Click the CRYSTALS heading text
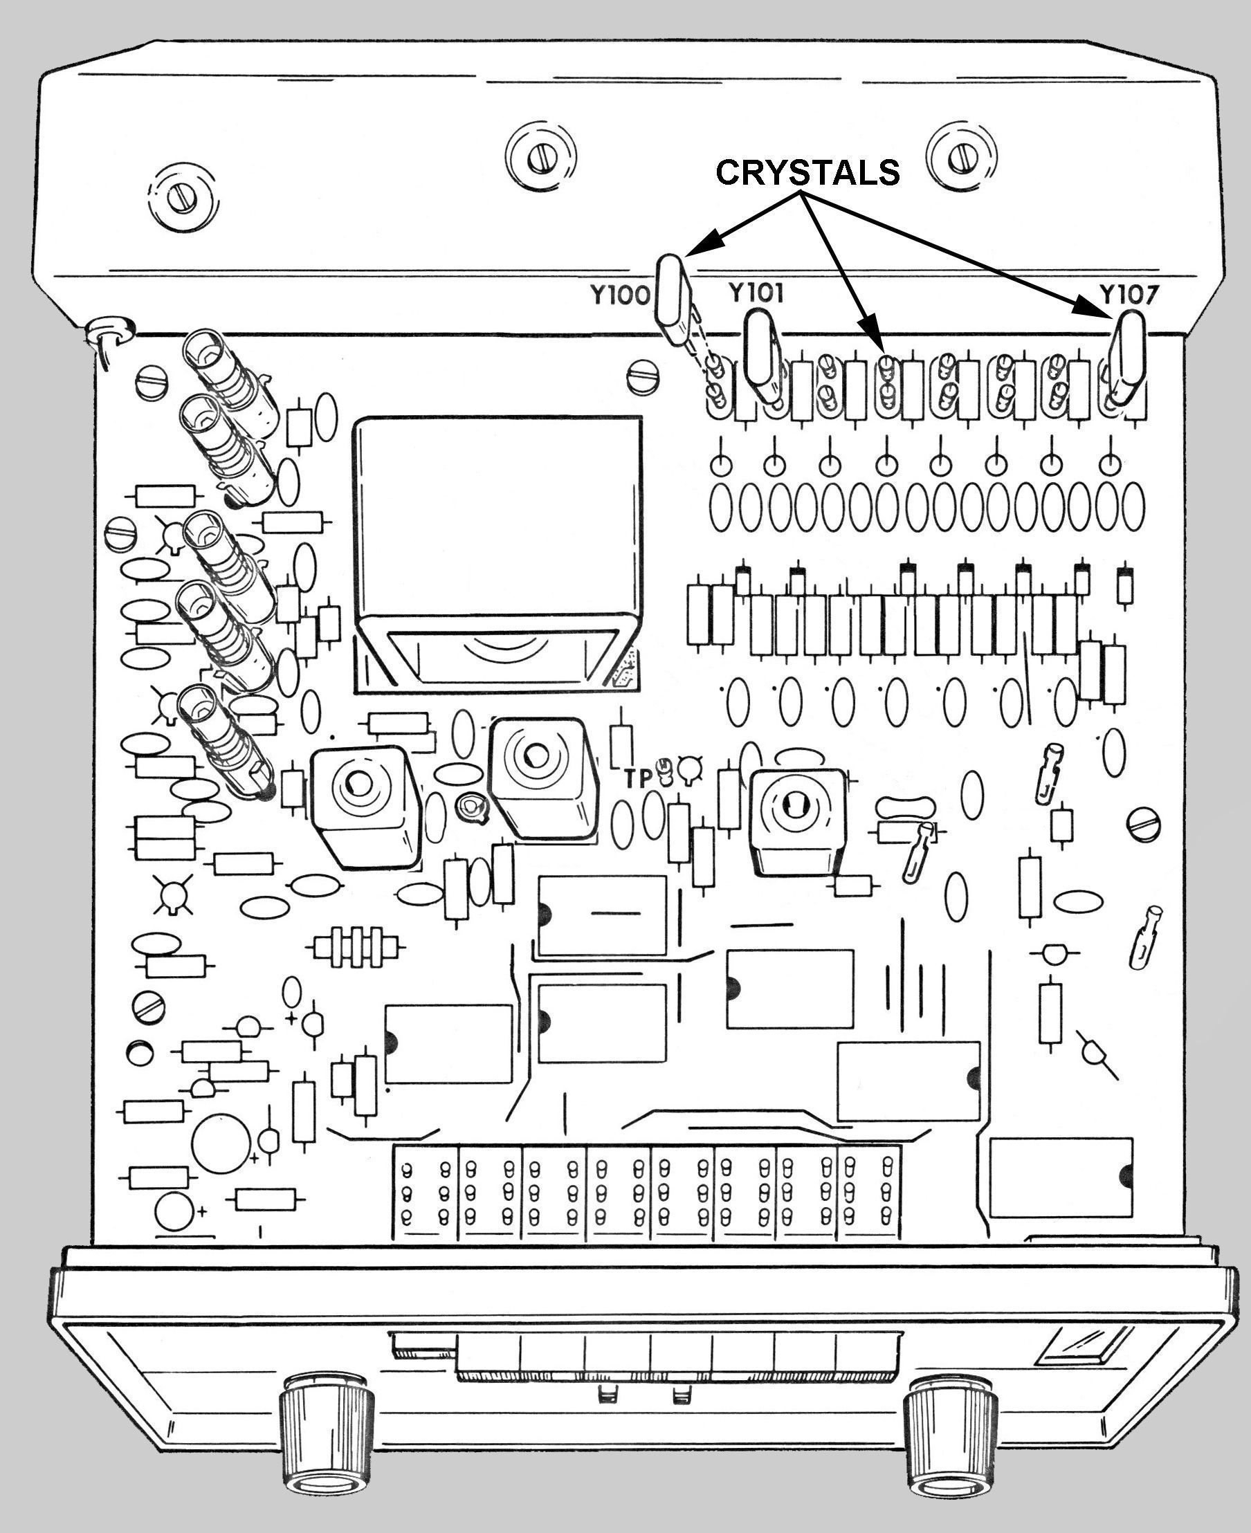(x=807, y=173)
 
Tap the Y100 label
(x=620, y=295)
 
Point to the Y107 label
(x=1129, y=295)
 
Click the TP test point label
(x=638, y=778)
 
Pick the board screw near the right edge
(x=1144, y=823)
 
